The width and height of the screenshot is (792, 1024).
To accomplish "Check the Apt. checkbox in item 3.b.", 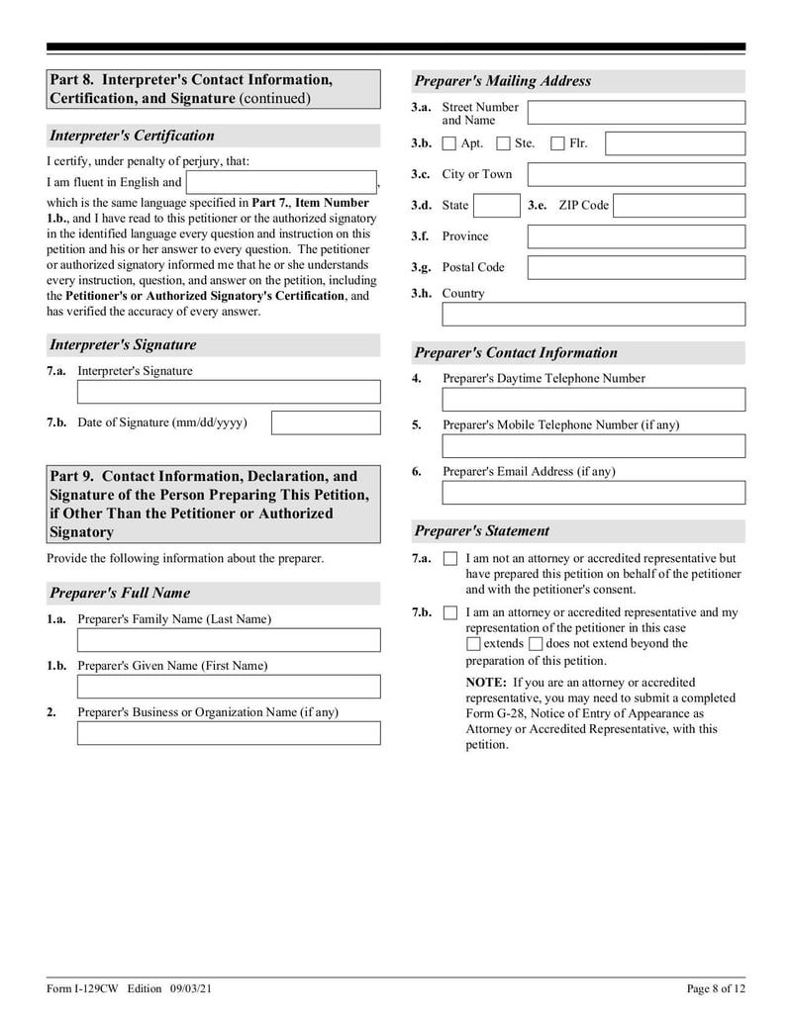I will click(449, 143).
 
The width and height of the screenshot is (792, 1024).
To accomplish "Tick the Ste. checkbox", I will click(503, 143).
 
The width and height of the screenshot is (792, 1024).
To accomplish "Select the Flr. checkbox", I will click(557, 143).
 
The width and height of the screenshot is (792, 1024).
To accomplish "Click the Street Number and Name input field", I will click(636, 112).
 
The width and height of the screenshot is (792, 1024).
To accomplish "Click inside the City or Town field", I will click(636, 175).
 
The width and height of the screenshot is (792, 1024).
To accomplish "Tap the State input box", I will click(496, 206).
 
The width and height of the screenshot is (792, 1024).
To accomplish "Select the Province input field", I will click(636, 236).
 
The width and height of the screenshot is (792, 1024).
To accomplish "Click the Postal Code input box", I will click(636, 267).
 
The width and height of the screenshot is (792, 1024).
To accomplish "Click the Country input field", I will click(593, 314).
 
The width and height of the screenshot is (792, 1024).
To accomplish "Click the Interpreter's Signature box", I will click(229, 392).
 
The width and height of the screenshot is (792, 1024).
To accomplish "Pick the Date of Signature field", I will click(326, 423).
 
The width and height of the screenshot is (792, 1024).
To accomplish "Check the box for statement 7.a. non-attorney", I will click(450, 559).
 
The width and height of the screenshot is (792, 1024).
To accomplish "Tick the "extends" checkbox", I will click(473, 644).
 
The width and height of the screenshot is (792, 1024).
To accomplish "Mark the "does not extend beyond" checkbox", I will click(536, 644).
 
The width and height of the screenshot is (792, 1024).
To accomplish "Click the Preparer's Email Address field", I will click(593, 493).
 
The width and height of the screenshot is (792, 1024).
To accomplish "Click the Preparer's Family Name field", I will click(229, 640).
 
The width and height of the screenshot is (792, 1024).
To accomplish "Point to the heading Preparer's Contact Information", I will click(516, 353).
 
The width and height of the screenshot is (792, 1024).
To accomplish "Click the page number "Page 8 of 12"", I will click(716, 989).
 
